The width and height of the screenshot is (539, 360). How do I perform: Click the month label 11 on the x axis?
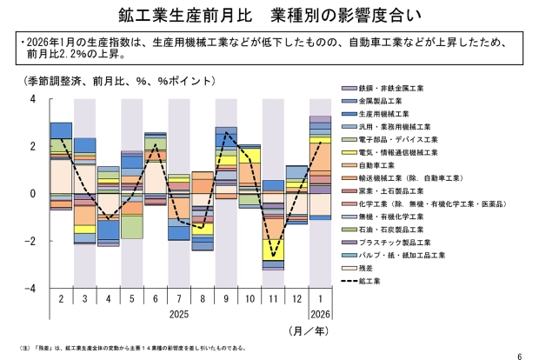[x=273, y=299]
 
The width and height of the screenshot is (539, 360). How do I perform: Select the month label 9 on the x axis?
[x=226, y=299]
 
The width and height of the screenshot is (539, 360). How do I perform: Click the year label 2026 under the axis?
[x=320, y=312]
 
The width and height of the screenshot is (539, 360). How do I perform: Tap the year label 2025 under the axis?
[x=179, y=312]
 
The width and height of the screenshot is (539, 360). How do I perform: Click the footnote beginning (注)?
[x=130, y=348]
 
